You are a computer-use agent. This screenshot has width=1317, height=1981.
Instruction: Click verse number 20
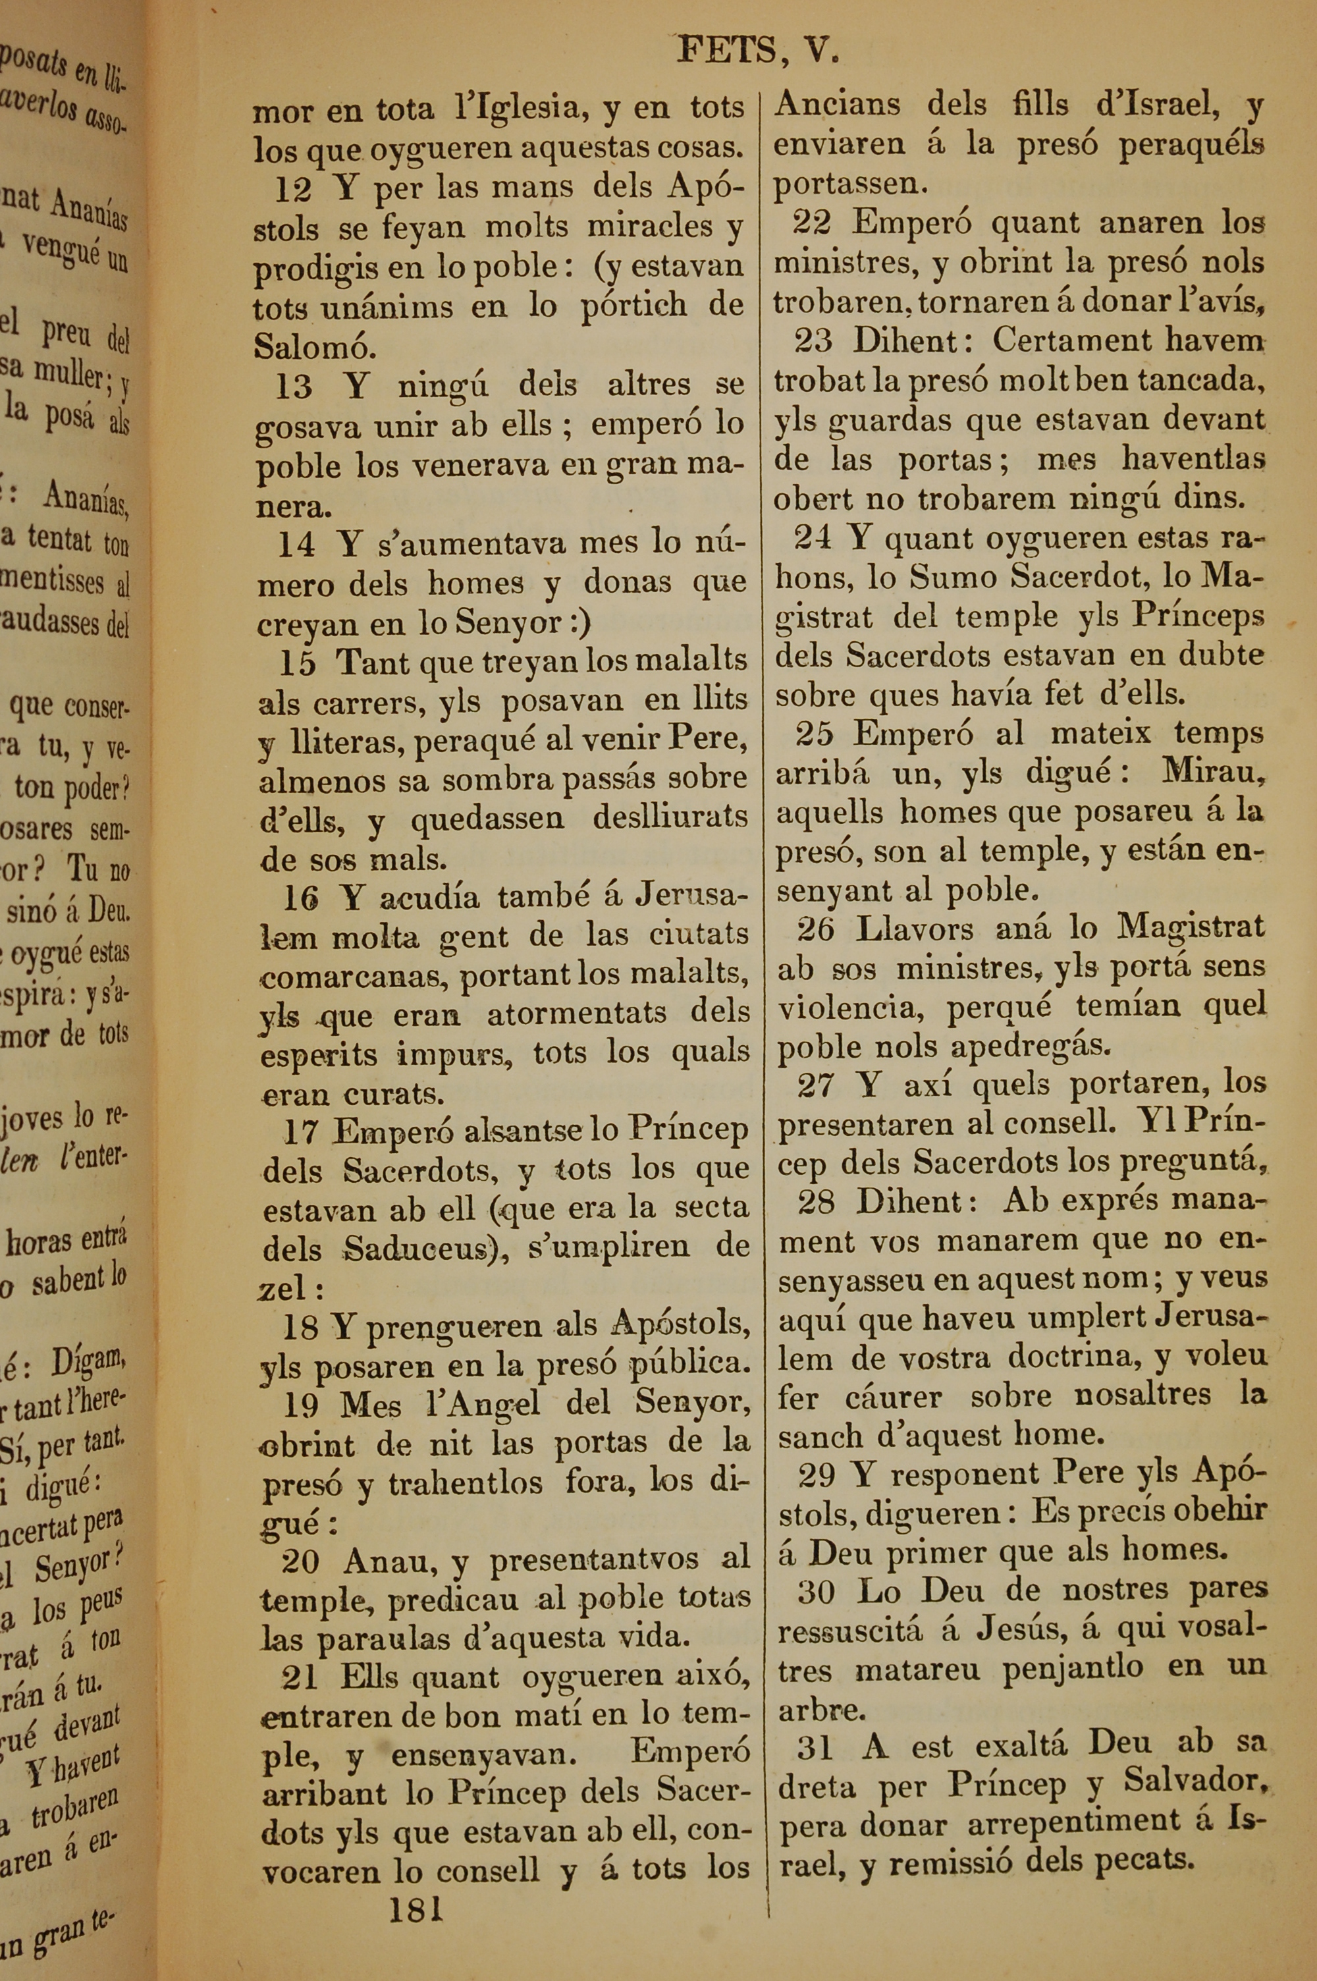click(x=300, y=1560)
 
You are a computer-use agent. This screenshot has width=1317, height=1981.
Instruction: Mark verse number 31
click(x=815, y=1748)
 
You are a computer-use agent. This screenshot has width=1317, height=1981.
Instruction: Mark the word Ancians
click(x=836, y=104)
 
